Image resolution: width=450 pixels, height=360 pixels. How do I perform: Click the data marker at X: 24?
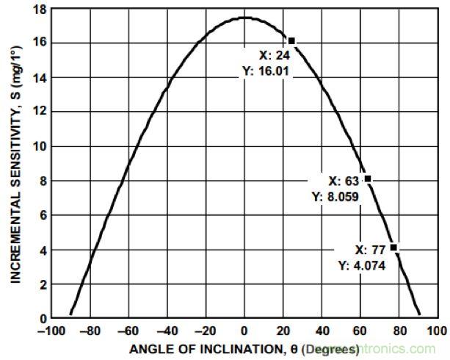click(x=291, y=41)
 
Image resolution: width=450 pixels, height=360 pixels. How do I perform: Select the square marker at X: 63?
click(x=367, y=179)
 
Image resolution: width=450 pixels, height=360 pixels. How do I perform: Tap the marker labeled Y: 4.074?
click(x=394, y=248)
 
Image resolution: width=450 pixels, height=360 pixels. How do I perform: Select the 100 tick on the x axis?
click(x=438, y=331)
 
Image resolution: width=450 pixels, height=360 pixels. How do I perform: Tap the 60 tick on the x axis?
click(x=361, y=331)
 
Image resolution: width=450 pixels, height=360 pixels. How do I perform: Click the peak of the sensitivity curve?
click(x=244, y=17)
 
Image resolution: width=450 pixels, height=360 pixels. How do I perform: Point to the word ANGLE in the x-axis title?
click(x=148, y=348)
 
